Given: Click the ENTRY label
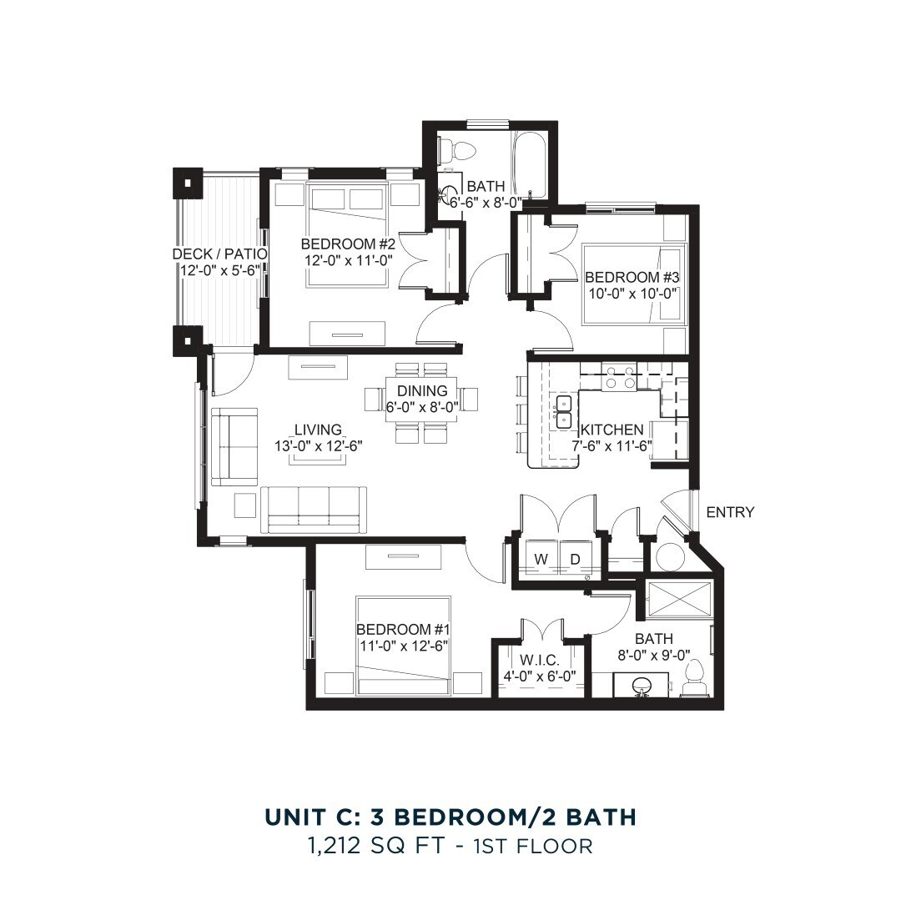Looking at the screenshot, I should [x=730, y=512].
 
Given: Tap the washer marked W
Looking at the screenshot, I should [x=541, y=559].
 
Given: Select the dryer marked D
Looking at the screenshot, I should [x=575, y=559].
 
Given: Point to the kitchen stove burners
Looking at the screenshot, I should [x=619, y=376].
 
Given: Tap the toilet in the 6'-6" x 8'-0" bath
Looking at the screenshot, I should [x=457, y=151].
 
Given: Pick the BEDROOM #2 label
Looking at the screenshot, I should [x=347, y=244].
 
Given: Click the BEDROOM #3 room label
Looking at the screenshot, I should [x=629, y=278].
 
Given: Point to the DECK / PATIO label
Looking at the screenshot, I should [x=219, y=254].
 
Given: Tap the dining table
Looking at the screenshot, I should [x=422, y=399].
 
